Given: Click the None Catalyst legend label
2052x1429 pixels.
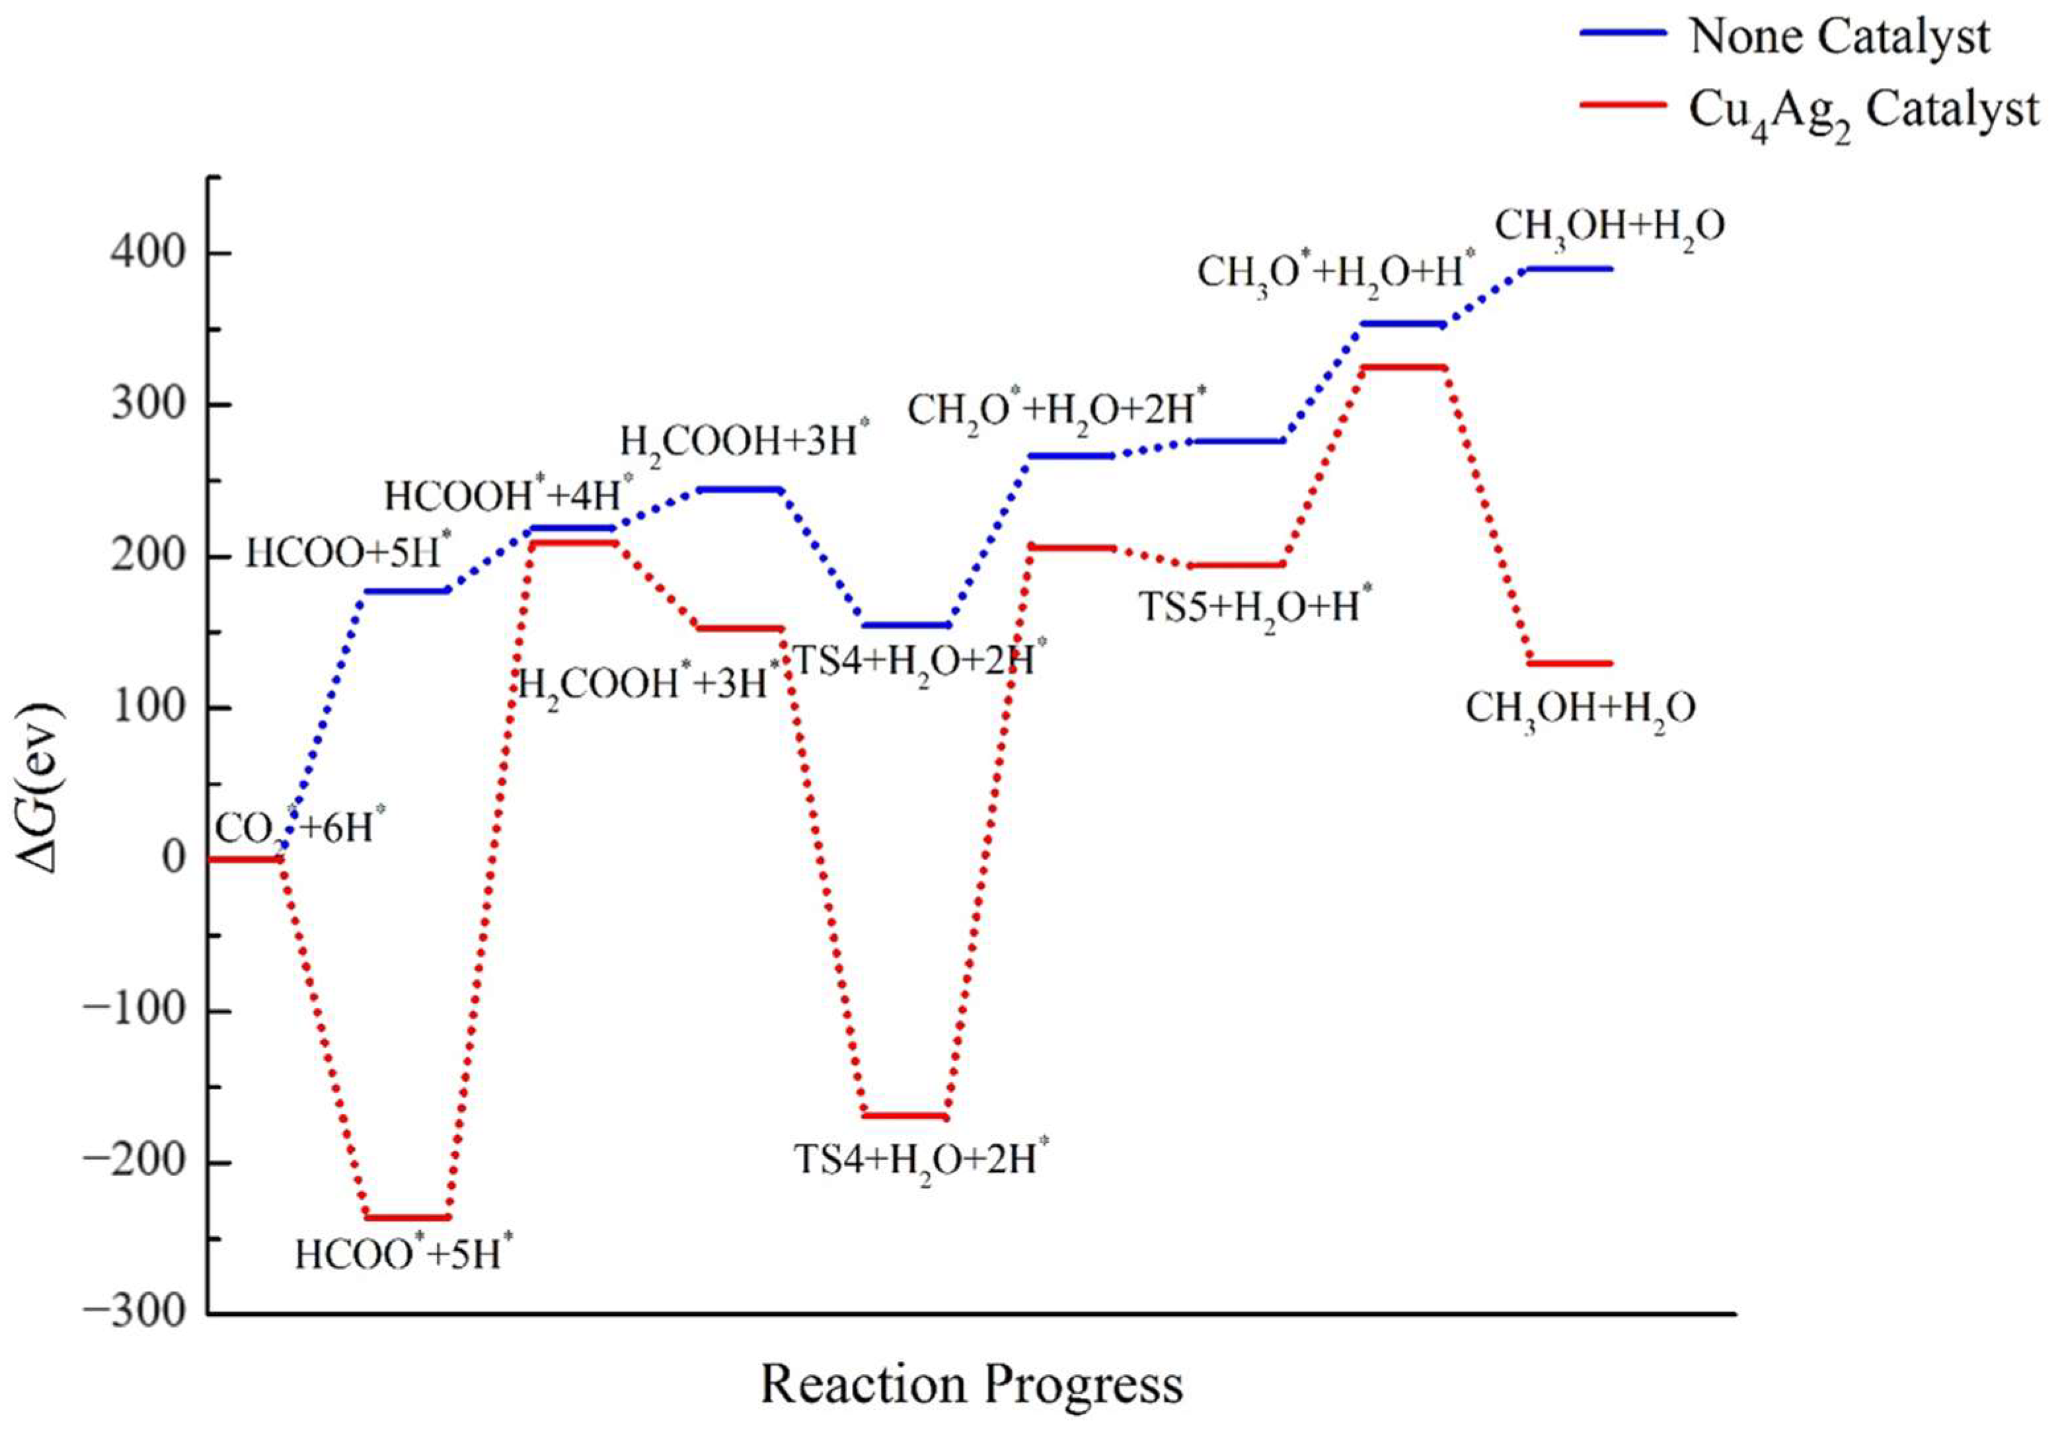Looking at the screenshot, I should tap(1839, 38).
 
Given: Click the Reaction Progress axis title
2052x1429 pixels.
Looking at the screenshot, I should tap(971, 1384).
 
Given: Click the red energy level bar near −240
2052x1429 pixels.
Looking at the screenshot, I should tap(408, 1217).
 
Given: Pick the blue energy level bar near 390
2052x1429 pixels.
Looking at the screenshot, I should tap(1568, 268).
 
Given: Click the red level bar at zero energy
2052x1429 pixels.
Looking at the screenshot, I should tap(244, 859).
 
